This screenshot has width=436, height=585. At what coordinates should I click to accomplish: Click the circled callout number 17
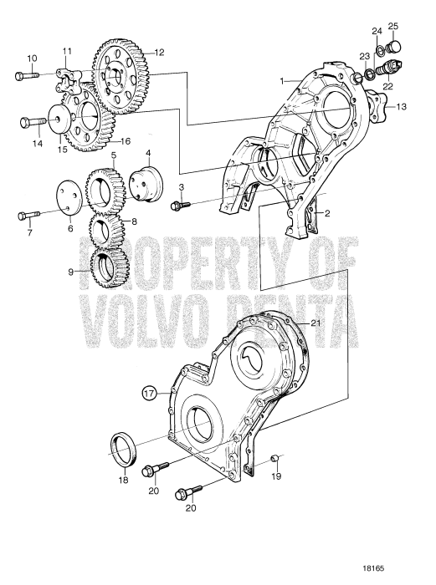tap(149, 392)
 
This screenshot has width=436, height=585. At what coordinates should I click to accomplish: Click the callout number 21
tap(315, 323)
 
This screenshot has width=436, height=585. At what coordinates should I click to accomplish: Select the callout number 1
tap(283, 80)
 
